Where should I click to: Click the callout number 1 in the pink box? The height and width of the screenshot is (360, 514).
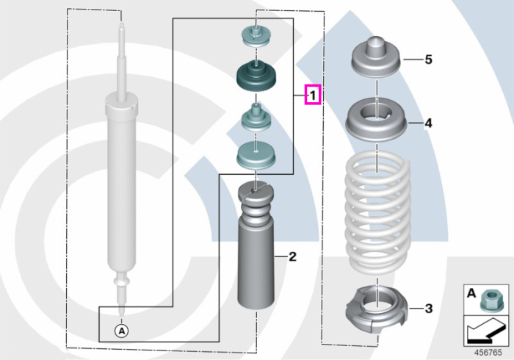[313, 96]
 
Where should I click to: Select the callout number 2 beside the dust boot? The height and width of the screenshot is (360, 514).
[292, 256]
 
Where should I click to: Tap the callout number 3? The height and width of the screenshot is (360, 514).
[428, 309]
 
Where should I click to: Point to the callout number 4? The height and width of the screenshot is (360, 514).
[428, 123]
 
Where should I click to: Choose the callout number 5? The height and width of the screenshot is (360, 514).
[428, 60]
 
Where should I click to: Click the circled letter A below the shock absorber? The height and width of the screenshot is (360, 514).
[121, 331]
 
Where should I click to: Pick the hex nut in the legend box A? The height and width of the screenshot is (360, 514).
[490, 300]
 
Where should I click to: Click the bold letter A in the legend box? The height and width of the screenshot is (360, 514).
[471, 293]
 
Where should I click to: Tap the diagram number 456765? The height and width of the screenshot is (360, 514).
[488, 353]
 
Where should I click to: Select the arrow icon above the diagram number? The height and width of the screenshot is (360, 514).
[485, 332]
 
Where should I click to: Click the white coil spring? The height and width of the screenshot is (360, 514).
[377, 213]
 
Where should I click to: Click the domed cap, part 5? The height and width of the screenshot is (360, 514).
[377, 57]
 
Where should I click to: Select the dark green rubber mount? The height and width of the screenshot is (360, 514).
[256, 76]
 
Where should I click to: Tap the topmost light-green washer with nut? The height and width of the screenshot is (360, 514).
[256, 36]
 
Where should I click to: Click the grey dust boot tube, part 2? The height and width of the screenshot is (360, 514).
[256, 246]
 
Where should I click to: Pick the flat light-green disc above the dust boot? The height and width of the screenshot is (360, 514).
[256, 156]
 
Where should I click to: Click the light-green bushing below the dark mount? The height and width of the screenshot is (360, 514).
[256, 118]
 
